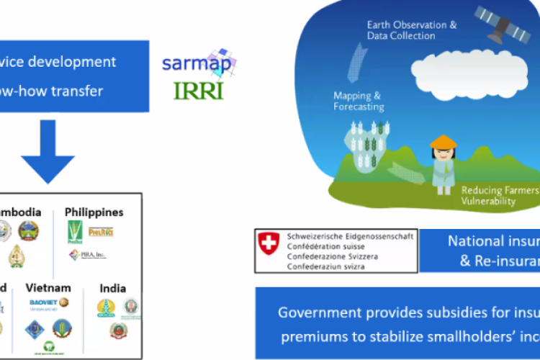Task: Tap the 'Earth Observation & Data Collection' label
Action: [x=411, y=30]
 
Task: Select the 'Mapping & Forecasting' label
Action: [x=358, y=101]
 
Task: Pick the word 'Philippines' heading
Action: [x=94, y=212]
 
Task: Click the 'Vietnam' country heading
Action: [x=48, y=287]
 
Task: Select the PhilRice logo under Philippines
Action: [x=102, y=232]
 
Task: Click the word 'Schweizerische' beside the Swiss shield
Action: [x=321, y=236]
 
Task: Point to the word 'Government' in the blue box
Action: [x=312, y=313]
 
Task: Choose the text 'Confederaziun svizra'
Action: [x=326, y=266]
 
